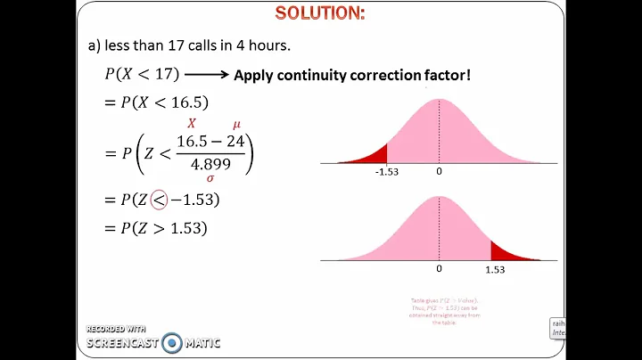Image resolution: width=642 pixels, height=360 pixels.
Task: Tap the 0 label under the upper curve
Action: click(439, 170)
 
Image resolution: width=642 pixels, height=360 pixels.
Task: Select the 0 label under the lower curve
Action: click(439, 267)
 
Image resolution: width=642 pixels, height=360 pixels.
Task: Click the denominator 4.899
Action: click(210, 163)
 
